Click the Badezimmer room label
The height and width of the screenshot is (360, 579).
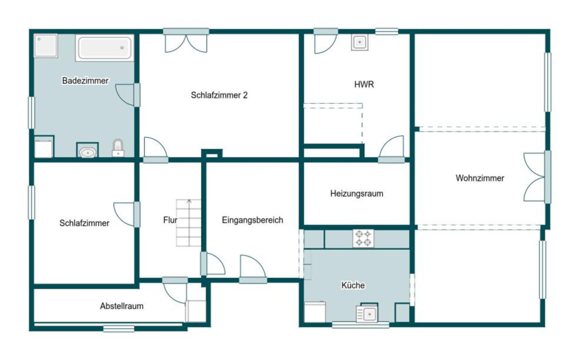(x=85, y=81)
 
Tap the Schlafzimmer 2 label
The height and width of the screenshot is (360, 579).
(x=219, y=95)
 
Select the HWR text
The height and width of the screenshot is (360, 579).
(x=364, y=84)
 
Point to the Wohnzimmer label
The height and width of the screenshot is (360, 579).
(x=480, y=178)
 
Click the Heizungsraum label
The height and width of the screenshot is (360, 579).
(x=357, y=194)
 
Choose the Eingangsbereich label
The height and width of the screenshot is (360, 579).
(x=253, y=220)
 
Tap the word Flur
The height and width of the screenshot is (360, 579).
(x=170, y=220)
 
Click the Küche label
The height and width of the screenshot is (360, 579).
(x=353, y=285)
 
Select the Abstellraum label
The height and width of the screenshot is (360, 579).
(x=122, y=306)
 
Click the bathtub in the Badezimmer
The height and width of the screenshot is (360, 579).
(x=105, y=48)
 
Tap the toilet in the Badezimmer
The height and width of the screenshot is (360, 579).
(x=118, y=148)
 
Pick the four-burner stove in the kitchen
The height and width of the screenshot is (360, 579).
(x=363, y=238)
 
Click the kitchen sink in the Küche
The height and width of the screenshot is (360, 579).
(x=367, y=314)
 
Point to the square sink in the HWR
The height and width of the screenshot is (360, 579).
(x=359, y=42)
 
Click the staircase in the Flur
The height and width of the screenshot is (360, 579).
(x=189, y=223)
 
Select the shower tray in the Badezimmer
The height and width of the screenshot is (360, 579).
(x=46, y=46)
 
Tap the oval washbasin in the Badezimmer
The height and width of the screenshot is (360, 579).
(x=88, y=152)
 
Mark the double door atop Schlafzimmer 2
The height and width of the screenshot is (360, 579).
(x=186, y=41)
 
